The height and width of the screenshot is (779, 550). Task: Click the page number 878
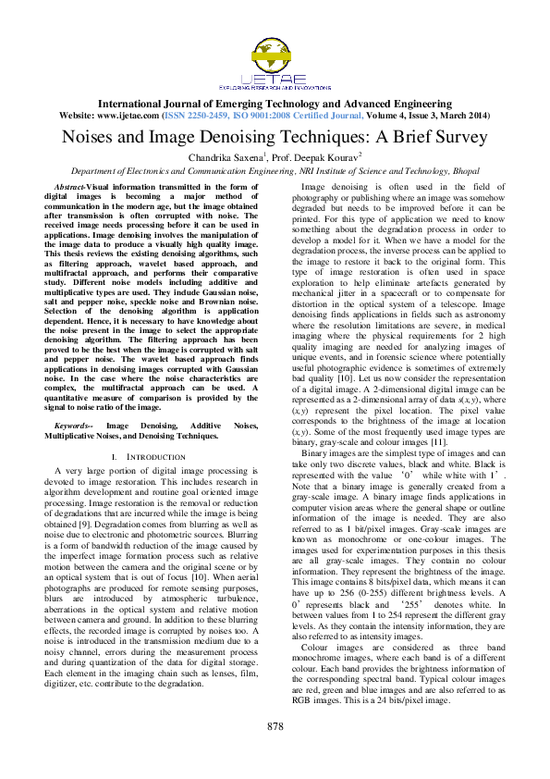(275, 750)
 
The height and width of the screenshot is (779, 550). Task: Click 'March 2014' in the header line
(467, 117)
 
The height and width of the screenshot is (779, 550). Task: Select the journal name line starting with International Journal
(275, 105)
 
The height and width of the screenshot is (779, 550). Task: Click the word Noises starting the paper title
(90, 137)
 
